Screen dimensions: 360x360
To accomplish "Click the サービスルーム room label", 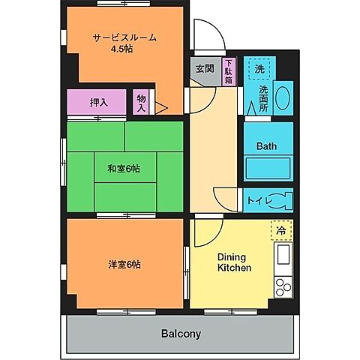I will tap(124, 37).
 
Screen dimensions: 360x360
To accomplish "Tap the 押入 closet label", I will tap(97, 102).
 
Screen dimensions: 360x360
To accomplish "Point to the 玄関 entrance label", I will tap(204, 68).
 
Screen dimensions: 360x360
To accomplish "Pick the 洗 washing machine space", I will tap(259, 69).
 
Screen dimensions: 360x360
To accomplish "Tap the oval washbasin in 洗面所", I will tap(283, 98).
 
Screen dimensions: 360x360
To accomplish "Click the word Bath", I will tap(267, 145).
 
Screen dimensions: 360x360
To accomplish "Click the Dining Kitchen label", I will tap(234, 262).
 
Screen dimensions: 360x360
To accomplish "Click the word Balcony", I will tap(180, 333).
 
